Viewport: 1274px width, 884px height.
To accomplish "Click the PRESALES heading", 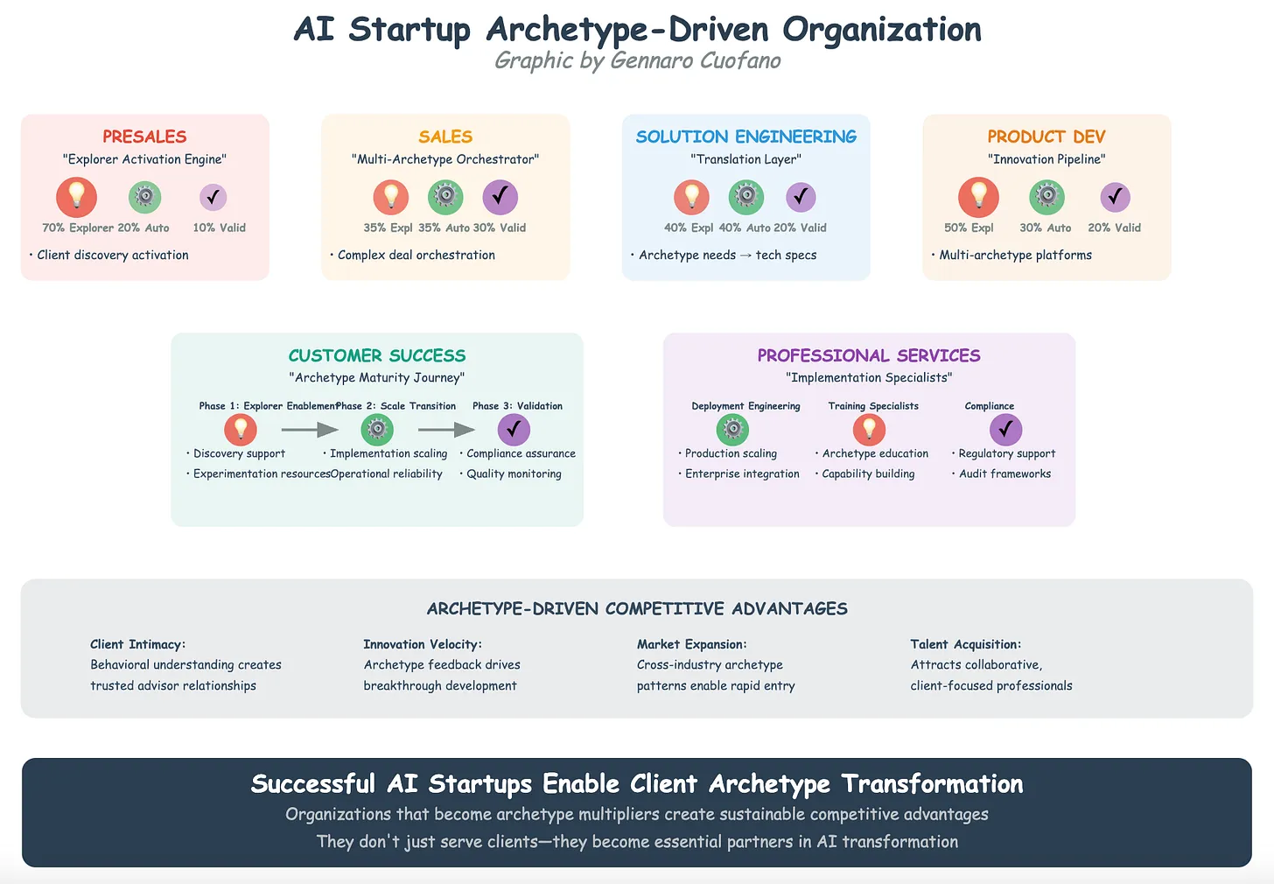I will (x=144, y=137).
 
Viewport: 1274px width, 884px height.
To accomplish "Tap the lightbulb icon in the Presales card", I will (x=76, y=197).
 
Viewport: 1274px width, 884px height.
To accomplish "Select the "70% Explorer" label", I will (x=78, y=228).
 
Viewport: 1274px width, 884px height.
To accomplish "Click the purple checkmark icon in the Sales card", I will (x=500, y=197).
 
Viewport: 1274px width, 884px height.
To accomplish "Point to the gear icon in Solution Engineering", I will (x=745, y=197).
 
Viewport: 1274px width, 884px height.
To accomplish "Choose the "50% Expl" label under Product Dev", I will (x=969, y=228).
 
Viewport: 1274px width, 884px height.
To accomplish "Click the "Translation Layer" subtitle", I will (x=745, y=159).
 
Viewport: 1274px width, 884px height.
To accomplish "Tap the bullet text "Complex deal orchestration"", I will (x=416, y=255).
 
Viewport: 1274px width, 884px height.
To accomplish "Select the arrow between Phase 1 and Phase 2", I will (x=310, y=430).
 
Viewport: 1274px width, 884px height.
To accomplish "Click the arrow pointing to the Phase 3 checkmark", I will (x=446, y=430).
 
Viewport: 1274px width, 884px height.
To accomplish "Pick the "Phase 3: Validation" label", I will (x=517, y=406).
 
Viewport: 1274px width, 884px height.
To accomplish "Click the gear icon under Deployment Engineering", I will (x=732, y=430).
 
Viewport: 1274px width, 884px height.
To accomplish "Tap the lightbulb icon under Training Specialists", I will (x=869, y=430).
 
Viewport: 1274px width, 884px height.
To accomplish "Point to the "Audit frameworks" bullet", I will (x=1004, y=474).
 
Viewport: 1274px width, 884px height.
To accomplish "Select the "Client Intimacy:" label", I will (x=138, y=644).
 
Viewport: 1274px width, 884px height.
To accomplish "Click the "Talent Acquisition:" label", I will (x=966, y=644).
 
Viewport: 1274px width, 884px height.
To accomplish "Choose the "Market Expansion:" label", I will (x=691, y=644).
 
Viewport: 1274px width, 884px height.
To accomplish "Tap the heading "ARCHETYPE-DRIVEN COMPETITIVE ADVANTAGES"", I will (x=637, y=608).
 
